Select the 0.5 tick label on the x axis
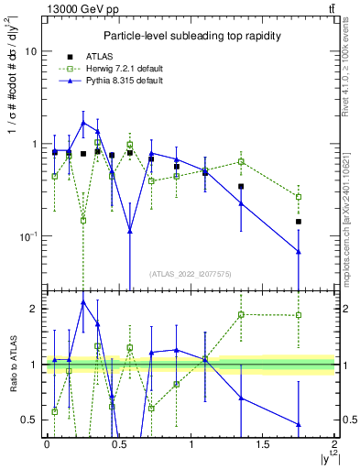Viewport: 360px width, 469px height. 118,444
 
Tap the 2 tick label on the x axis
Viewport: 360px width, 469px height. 334,444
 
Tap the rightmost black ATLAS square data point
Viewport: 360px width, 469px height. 299,222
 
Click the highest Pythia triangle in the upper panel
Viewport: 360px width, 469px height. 83,122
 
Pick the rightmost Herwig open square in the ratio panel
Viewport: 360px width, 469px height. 299,316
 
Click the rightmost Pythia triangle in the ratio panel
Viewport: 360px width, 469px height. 299,424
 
